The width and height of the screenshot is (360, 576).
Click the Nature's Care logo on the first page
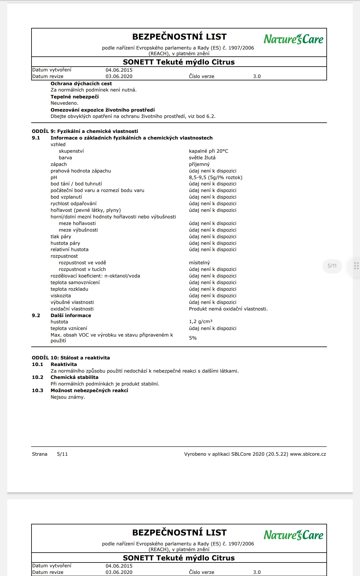pyautogui.click(x=293, y=39)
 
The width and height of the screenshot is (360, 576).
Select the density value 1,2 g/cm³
pyautogui.click(x=200, y=322)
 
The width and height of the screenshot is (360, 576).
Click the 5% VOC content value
pyautogui.click(x=193, y=338)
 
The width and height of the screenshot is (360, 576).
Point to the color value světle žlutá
pyautogui.click(x=202, y=157)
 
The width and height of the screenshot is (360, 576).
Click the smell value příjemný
pyautogui.click(x=199, y=164)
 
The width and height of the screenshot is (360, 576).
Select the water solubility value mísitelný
pyautogui.click(x=199, y=262)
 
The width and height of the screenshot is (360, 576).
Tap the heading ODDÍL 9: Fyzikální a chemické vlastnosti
pyautogui.click(x=85, y=131)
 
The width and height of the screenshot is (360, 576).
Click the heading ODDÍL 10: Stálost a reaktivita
pyautogui.click(x=71, y=358)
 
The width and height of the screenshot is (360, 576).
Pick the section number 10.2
pyautogui.click(x=37, y=377)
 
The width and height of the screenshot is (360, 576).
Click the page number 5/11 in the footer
pyautogui.click(x=62, y=454)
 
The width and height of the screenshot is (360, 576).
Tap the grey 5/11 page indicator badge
pyautogui.click(x=332, y=266)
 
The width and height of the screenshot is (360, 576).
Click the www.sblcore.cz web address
pyautogui.click(x=308, y=454)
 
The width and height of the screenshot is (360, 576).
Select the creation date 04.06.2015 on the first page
pyautogui.click(x=119, y=70)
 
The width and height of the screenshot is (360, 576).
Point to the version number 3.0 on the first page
pyautogui.click(x=257, y=76)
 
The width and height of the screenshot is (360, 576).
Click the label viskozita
pyautogui.click(x=61, y=295)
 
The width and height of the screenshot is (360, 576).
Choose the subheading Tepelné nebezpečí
pyautogui.click(x=74, y=97)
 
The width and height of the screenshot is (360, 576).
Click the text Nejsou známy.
pyautogui.click(x=68, y=397)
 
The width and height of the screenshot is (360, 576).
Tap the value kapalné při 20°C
pyautogui.click(x=208, y=151)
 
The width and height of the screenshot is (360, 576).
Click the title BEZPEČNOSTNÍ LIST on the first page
pyautogui.click(x=179, y=37)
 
